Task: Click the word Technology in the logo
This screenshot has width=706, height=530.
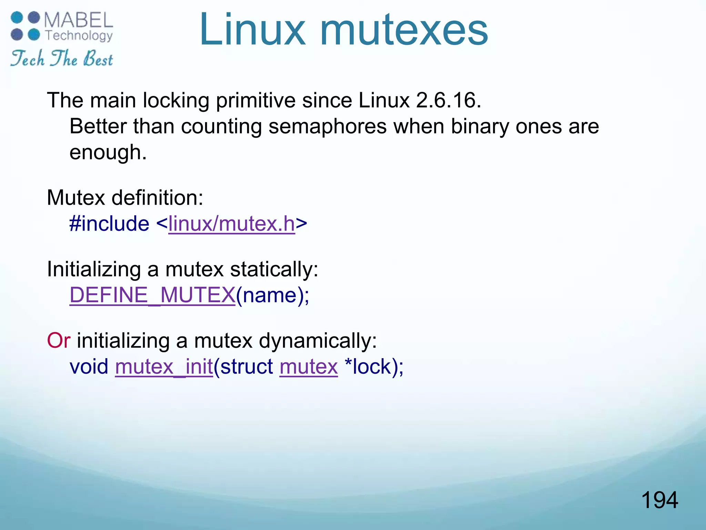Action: (79, 36)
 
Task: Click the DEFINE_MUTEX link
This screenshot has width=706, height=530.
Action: (152, 295)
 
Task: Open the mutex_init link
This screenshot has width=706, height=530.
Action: (164, 366)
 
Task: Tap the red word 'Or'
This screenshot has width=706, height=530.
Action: (59, 341)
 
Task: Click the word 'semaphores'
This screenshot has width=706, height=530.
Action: (327, 126)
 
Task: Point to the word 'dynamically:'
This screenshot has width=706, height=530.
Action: (318, 341)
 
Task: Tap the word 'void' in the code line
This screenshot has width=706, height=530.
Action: (89, 366)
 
